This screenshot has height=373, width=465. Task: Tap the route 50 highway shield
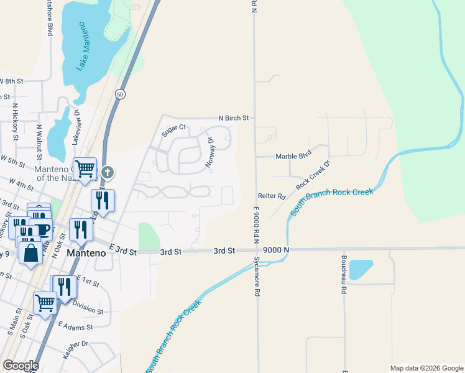tap(120, 93)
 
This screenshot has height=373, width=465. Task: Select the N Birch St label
tap(233, 117)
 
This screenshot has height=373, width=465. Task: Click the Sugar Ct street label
tap(174, 128)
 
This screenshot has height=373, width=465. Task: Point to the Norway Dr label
tap(210, 153)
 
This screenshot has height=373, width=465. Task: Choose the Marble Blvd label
tap(293, 157)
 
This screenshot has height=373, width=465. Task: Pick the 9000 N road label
tap(276, 250)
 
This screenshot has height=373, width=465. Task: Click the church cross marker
tap(108, 172)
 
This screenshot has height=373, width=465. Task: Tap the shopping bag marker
tap(30, 252)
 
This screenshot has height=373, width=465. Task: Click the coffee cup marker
tap(42, 229)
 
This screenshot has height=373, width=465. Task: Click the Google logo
tap(21, 366)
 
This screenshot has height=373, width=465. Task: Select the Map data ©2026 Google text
tap(426, 368)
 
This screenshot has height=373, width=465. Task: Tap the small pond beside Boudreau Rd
tap(361, 269)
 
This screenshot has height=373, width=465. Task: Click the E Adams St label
tap(76, 326)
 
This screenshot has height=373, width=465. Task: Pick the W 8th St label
tap(11, 81)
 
